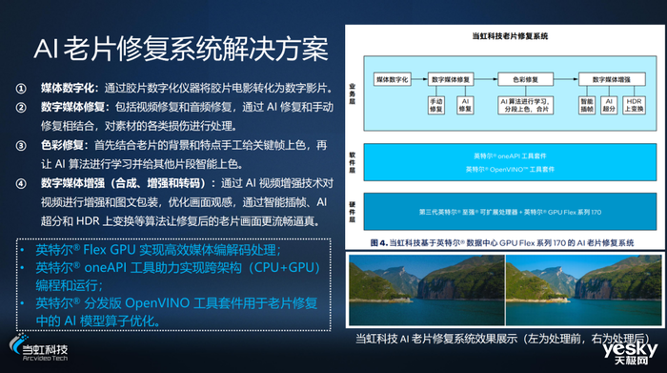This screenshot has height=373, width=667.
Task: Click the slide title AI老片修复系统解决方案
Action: [181, 47]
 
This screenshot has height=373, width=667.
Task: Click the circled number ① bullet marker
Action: [21, 86]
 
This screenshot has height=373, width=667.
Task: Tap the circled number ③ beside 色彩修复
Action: [21, 146]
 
